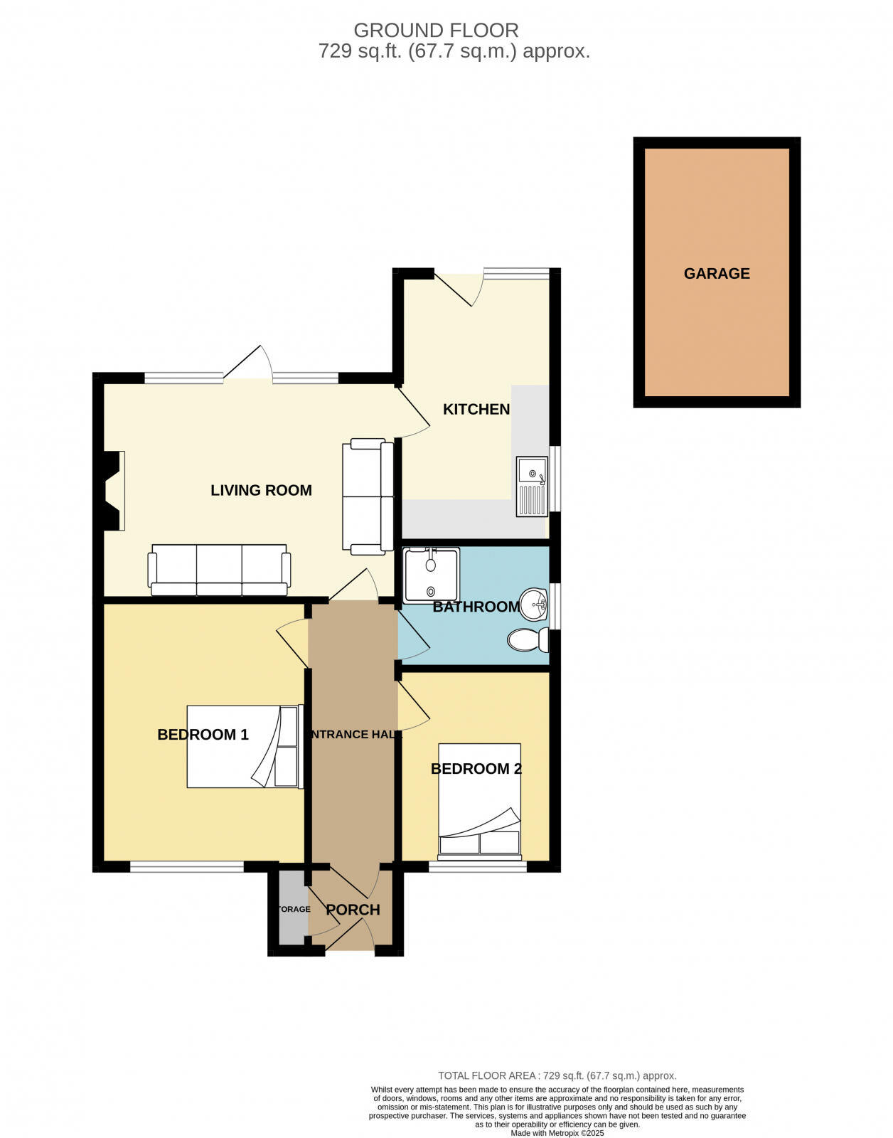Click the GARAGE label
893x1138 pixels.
point(717,274)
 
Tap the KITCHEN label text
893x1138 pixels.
point(476,410)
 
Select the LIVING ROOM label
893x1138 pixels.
point(261,491)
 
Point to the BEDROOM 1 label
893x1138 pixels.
point(203,735)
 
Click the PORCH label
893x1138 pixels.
point(353,910)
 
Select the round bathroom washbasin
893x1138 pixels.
point(535,605)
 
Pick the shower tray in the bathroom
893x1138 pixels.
point(431,575)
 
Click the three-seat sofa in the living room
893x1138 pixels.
point(219,570)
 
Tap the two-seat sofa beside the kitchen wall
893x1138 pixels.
point(368,496)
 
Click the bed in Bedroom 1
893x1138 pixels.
point(244,747)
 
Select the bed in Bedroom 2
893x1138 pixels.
point(479,799)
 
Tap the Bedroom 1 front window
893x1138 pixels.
point(187,867)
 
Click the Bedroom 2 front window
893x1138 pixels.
point(477,867)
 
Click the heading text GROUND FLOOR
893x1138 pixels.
point(436,31)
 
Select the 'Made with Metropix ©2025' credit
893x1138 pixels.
point(557,1133)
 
